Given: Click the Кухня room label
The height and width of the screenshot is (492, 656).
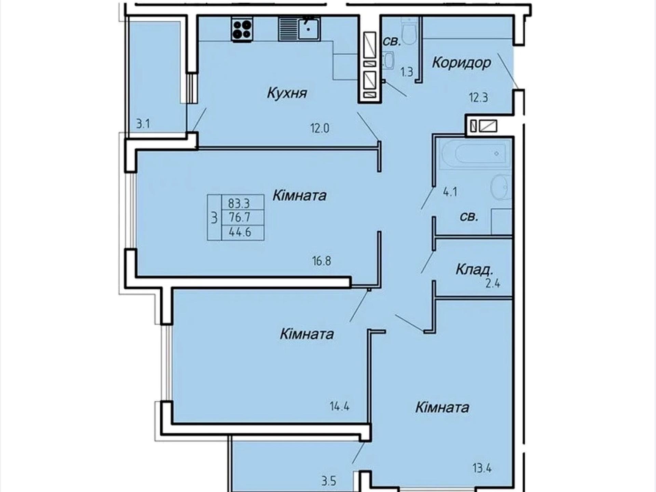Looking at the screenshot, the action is (287, 93).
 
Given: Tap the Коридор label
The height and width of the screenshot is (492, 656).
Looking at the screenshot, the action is (461, 63).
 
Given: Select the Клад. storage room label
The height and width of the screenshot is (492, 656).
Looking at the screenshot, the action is (475, 270).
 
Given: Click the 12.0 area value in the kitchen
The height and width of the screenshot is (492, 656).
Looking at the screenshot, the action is (320, 128).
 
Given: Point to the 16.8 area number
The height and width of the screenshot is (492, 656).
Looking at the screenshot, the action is (322, 261).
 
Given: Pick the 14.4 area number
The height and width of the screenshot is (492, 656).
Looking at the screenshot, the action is (340, 407).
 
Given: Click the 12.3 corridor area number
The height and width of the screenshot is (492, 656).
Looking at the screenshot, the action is (478, 98).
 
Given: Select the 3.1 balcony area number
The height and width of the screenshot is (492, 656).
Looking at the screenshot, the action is (143, 124).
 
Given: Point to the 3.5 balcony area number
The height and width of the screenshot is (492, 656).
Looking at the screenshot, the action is (329, 481).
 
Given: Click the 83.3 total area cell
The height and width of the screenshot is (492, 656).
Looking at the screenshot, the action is (239, 204).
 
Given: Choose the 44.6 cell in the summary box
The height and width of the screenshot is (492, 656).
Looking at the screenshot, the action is (240, 232).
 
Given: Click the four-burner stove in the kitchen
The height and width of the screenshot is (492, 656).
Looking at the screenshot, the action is (242, 29).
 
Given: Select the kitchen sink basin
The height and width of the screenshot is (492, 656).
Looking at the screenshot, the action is (309, 29).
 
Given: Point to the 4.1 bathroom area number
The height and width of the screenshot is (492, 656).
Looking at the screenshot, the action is (450, 192).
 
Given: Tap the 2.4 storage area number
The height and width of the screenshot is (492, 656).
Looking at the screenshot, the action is (493, 284).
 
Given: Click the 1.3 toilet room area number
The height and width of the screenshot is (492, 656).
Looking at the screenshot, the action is (407, 72).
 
